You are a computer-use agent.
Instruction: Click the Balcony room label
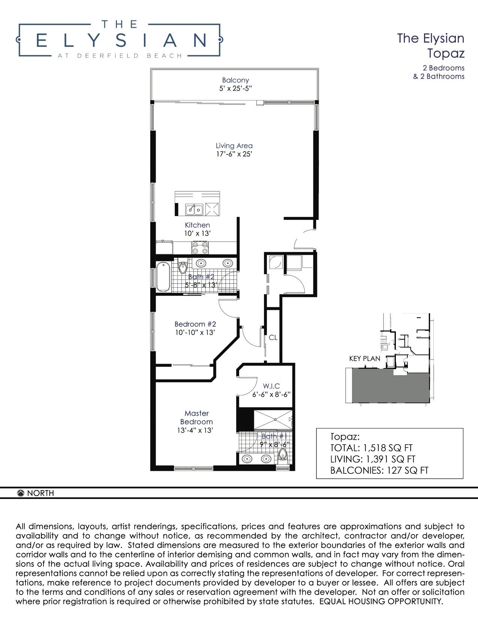click(x=235, y=80)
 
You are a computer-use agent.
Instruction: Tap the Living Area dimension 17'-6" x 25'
click(x=234, y=154)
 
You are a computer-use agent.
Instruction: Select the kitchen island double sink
click(x=194, y=210)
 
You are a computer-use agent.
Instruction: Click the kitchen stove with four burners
click(x=200, y=248)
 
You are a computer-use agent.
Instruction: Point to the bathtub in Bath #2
click(x=163, y=277)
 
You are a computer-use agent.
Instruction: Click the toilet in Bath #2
click(x=182, y=267)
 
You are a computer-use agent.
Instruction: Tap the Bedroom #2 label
click(x=195, y=324)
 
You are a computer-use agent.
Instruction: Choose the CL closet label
click(x=273, y=338)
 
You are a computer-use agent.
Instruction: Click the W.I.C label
click(x=271, y=386)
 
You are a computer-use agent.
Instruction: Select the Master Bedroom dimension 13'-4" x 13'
click(x=195, y=430)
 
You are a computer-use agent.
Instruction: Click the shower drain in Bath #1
click(x=275, y=419)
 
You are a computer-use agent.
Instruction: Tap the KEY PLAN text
click(x=365, y=359)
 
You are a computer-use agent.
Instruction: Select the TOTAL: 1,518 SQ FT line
click(x=371, y=448)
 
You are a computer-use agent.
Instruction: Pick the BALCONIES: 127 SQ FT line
click(x=379, y=470)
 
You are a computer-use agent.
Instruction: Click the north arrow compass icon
click(x=21, y=493)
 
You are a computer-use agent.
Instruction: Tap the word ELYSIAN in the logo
click(x=121, y=40)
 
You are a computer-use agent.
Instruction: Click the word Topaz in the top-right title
click(x=446, y=53)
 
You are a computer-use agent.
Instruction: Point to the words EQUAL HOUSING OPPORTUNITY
click(x=381, y=601)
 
